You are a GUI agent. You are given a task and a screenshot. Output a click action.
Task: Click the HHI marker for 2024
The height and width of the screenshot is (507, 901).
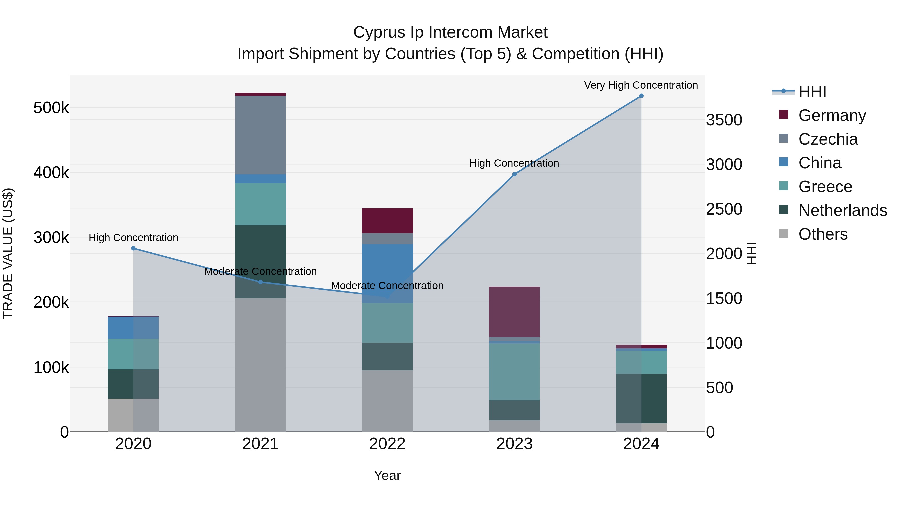click(641, 96)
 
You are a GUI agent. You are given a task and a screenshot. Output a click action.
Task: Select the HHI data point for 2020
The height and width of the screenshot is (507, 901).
click(133, 248)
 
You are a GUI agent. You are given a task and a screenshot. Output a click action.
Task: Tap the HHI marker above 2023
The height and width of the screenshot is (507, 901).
click(514, 174)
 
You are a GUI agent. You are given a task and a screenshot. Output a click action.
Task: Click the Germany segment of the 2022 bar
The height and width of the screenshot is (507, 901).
click(387, 221)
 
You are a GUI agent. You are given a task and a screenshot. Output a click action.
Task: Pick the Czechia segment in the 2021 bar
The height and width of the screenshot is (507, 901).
click(260, 135)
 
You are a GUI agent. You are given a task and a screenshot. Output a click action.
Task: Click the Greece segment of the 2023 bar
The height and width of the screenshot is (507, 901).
click(514, 372)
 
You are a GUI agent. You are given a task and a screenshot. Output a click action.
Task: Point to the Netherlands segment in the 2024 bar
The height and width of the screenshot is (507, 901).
click(641, 399)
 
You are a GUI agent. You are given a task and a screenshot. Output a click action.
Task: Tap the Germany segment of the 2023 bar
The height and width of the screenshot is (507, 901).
click(514, 312)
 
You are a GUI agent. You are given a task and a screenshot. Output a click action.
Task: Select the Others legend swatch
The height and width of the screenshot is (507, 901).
click(783, 233)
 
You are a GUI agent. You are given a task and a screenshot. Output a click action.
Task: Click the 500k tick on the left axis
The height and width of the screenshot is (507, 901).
click(51, 108)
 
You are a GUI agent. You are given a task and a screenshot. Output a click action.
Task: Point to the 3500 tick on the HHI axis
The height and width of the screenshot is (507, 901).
click(724, 120)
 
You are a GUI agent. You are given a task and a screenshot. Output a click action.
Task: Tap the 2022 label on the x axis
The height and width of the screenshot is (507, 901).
click(387, 444)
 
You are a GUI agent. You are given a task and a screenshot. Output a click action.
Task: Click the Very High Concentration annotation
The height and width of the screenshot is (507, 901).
click(641, 85)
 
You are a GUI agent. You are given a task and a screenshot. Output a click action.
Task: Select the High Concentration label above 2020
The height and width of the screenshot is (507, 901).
click(133, 238)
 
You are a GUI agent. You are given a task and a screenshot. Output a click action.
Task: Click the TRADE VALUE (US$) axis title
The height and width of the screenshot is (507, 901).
click(8, 253)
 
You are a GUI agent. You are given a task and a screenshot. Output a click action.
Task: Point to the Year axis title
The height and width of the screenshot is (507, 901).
click(387, 475)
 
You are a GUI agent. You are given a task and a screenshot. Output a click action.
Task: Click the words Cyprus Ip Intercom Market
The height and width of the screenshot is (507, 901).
click(450, 32)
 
